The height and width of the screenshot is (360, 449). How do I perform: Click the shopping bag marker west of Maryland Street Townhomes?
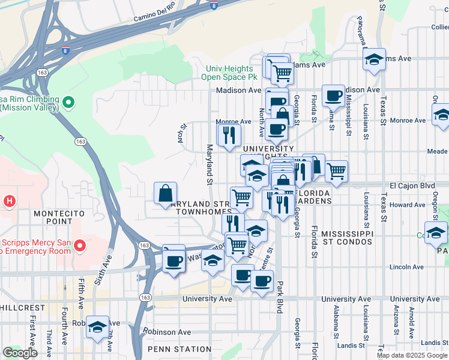pyautogui.click(x=166, y=194)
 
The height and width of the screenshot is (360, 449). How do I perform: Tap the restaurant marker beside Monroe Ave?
pyautogui.click(x=229, y=135)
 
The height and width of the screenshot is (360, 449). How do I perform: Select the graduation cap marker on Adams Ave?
pyautogui.click(x=374, y=59)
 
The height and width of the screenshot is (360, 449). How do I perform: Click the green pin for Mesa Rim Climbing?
pyautogui.click(x=68, y=103)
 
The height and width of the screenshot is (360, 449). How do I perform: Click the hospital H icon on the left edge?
pyautogui.click(x=9, y=200)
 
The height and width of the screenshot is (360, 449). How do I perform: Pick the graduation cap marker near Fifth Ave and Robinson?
pyautogui.click(x=97, y=327)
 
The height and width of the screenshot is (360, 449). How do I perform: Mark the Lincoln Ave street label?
pyautogui.click(x=406, y=266)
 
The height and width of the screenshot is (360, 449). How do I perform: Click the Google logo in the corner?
pyautogui.click(x=20, y=353)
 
